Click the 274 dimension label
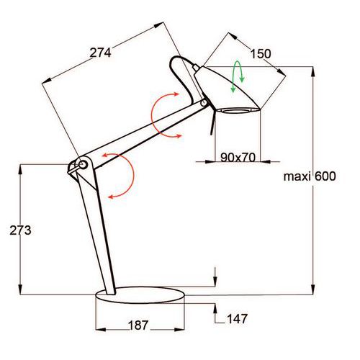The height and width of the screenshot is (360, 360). (100, 53)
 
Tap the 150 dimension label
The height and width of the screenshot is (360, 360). (261, 54)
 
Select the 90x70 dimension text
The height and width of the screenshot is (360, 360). (238, 158)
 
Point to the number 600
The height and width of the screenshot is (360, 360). (325, 176)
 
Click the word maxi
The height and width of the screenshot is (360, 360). (297, 176)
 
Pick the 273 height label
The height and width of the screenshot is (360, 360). (20, 230)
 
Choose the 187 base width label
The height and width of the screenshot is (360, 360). (138, 325)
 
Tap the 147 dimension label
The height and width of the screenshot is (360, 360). (237, 319)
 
